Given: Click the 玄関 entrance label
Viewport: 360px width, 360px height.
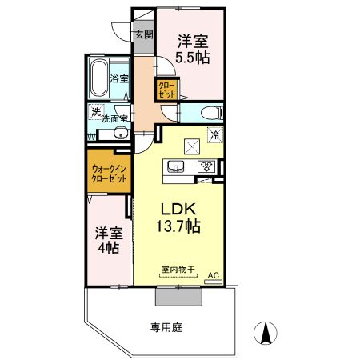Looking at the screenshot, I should (143, 34).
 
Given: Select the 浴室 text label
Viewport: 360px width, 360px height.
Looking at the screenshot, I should (119, 78).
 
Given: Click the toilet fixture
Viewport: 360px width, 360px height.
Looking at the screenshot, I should (210, 112).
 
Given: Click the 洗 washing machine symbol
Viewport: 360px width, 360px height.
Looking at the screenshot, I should (95, 112).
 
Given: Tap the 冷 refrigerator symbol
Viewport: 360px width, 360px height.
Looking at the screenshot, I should (215, 136).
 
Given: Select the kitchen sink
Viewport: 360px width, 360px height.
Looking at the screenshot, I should (176, 166).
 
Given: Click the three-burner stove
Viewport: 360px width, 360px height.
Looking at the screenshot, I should (206, 166).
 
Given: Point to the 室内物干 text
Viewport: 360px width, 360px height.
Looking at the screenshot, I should (177, 270).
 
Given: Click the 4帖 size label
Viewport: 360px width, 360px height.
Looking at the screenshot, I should (108, 249).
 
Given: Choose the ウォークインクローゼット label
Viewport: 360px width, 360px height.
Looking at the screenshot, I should (108, 174).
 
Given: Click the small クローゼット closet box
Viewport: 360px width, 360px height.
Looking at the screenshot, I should (166, 89).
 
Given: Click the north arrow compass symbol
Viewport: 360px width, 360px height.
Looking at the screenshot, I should (266, 330).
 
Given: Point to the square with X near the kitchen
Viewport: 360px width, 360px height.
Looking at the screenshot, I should (192, 145).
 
